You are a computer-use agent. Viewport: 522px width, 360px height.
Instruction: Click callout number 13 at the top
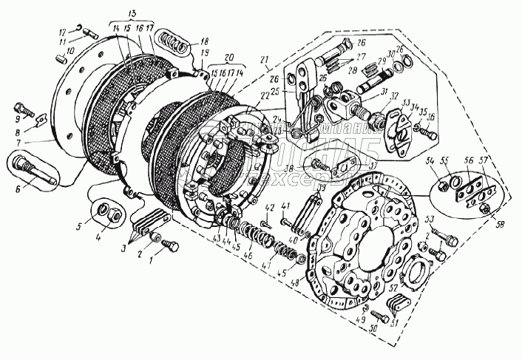click(x=132, y=14)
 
